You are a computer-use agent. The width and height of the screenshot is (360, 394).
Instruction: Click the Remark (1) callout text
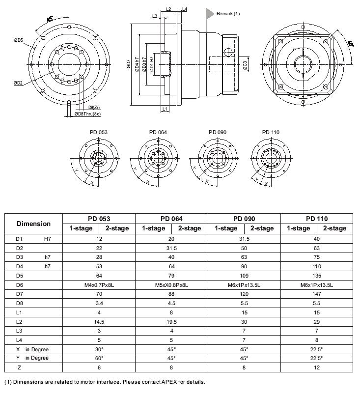click(x=228, y=14)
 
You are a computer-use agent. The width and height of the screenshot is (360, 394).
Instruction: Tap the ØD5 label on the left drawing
click(x=19, y=40)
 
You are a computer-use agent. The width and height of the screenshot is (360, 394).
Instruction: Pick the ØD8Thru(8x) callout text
click(x=87, y=114)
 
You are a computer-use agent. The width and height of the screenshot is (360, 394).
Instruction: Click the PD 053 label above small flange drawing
click(x=98, y=132)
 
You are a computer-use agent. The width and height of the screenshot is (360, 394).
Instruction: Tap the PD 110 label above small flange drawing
click(x=270, y=132)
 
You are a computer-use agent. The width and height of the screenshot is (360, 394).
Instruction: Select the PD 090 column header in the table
click(x=244, y=219)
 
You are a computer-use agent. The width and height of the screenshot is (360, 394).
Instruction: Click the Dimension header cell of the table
click(x=33, y=224)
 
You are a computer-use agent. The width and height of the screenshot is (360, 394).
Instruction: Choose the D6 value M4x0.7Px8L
click(x=99, y=285)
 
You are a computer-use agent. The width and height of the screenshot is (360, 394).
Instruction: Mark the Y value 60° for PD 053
click(x=99, y=358)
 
